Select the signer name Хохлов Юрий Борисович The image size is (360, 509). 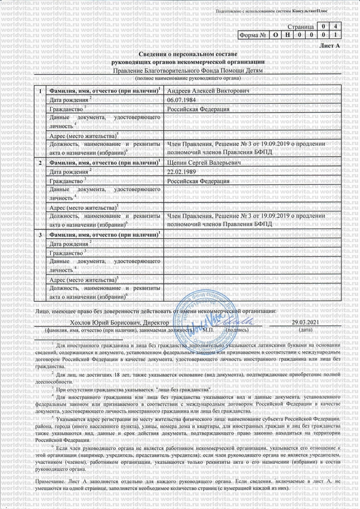[93, 322]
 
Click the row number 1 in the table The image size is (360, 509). [39, 91]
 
